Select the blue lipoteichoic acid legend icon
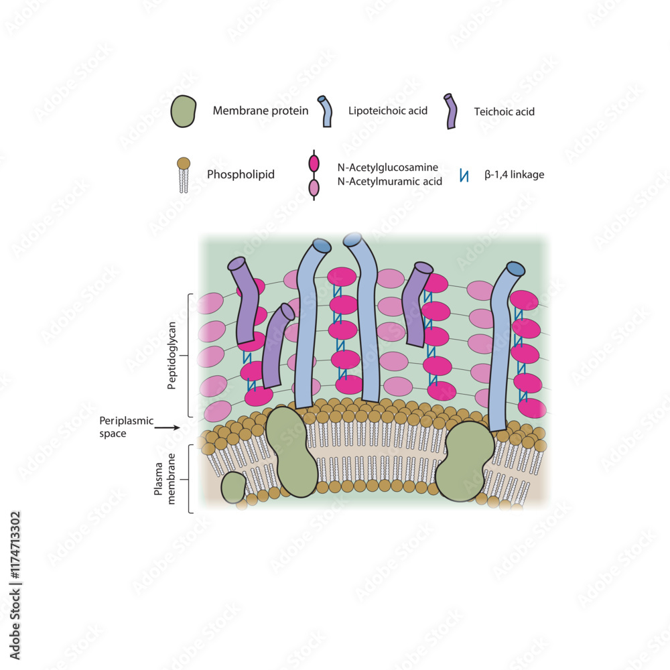[x=326, y=111]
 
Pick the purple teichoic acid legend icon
[x=450, y=111]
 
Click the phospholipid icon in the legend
[x=184, y=175]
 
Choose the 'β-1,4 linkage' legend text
[x=514, y=175]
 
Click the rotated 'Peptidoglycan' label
[x=172, y=355]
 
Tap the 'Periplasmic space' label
[x=127, y=426]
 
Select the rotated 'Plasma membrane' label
[x=163, y=480]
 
